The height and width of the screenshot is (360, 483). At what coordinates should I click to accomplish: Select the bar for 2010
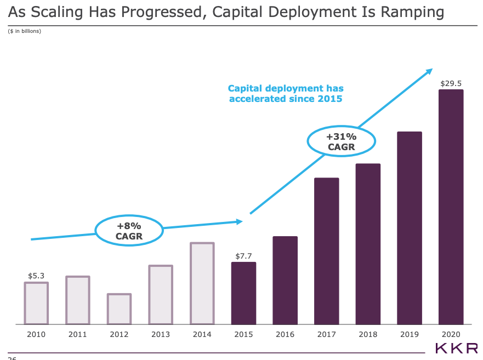click(36, 303)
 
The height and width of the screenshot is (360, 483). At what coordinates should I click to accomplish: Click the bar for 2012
click(119, 309)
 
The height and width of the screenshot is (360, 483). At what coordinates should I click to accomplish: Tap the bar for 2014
click(202, 283)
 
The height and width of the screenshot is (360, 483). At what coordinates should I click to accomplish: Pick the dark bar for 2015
click(243, 293)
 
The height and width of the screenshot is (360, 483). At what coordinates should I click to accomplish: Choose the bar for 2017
click(326, 251)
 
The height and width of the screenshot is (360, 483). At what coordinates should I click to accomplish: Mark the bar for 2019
click(409, 228)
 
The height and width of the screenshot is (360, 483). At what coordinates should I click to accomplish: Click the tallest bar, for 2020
click(451, 207)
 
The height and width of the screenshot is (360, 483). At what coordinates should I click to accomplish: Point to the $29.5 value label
click(451, 84)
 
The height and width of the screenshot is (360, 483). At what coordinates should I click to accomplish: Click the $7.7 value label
click(243, 256)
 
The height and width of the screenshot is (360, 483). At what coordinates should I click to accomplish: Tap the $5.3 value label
click(36, 276)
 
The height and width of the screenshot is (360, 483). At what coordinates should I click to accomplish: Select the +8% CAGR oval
click(129, 231)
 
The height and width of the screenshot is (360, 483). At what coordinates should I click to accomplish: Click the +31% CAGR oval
click(341, 141)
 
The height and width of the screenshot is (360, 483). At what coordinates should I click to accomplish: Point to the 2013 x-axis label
click(160, 334)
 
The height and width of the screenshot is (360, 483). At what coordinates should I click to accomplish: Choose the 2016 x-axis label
click(285, 334)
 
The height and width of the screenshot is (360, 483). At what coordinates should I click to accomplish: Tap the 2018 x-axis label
click(367, 334)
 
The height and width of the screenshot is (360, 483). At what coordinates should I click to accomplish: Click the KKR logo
click(456, 347)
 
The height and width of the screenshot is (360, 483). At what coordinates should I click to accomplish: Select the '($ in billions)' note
click(25, 31)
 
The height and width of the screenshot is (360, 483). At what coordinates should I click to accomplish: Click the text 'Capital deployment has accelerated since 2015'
click(286, 93)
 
